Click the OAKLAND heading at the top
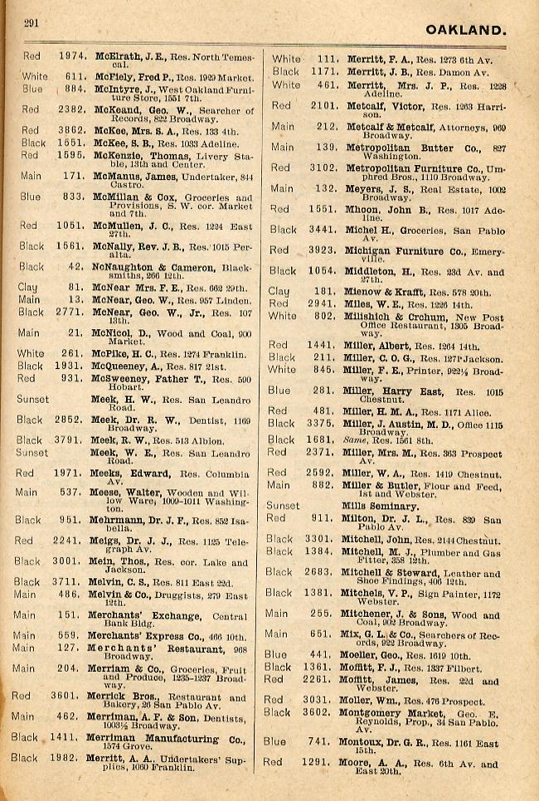(465, 31)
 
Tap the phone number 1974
(72, 56)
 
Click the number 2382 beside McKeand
(72, 109)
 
